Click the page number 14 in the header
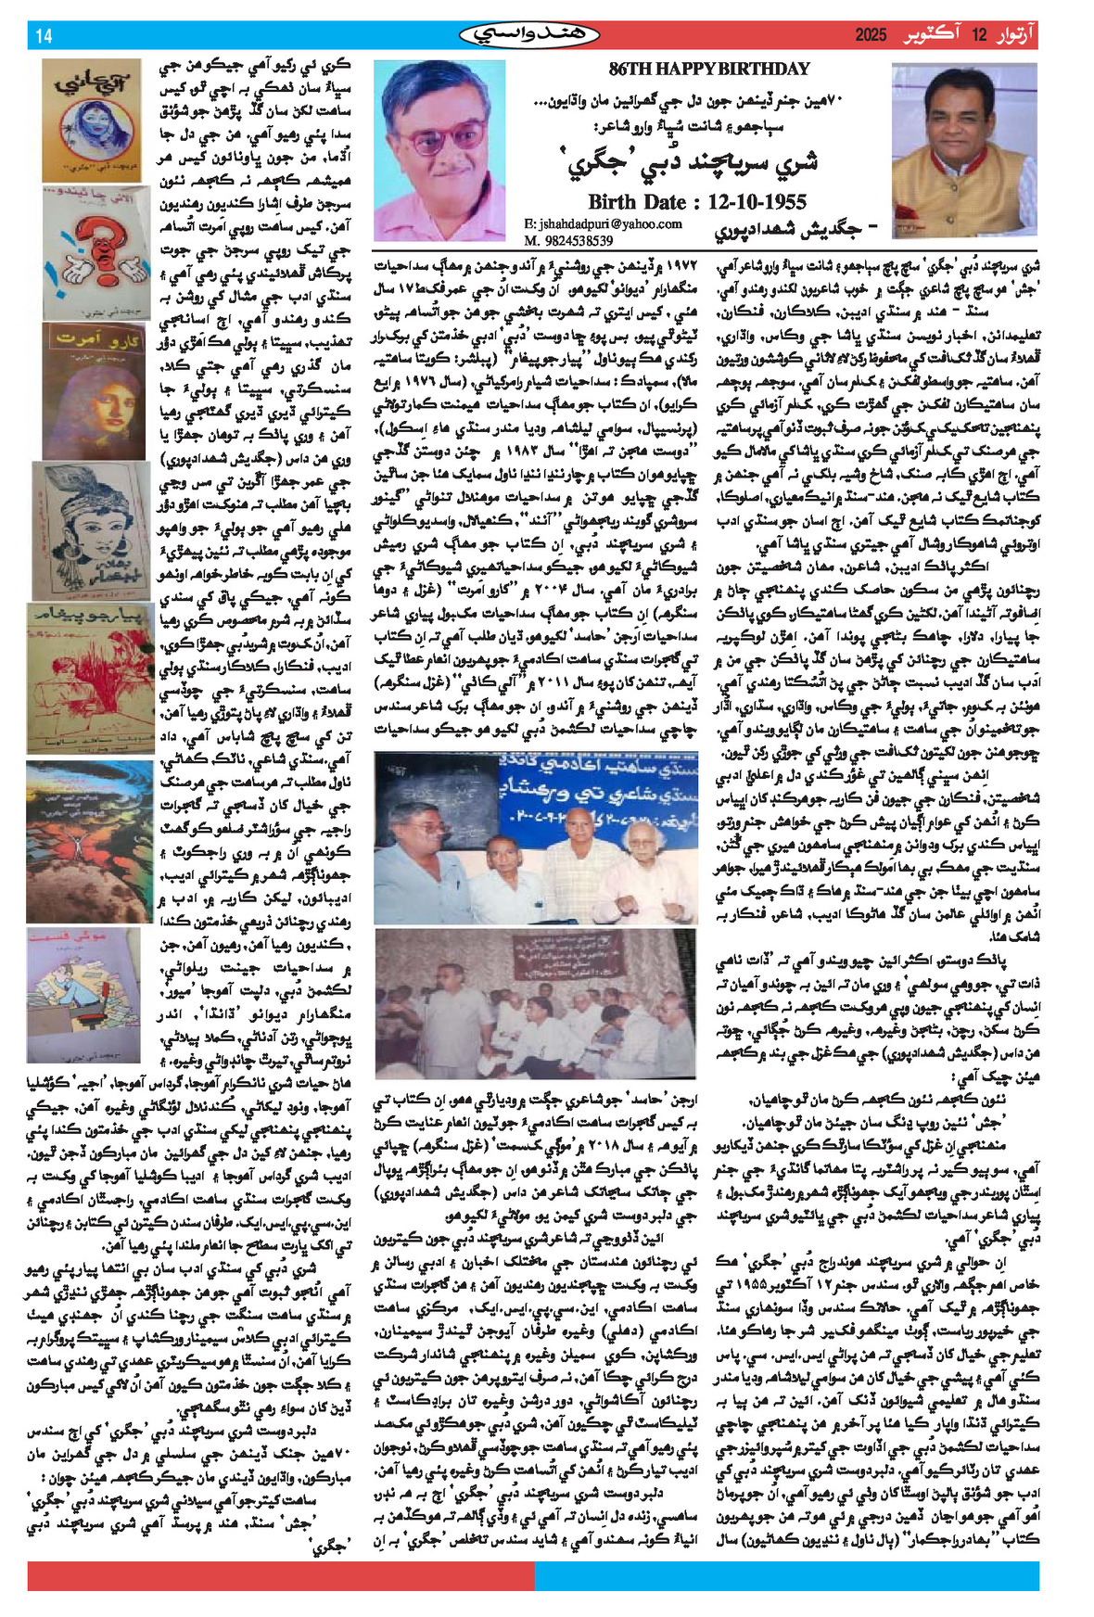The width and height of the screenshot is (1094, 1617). [44, 36]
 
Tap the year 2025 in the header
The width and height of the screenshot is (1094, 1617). [871, 36]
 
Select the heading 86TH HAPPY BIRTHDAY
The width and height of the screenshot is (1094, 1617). [709, 69]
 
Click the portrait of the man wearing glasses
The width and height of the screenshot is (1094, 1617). [440, 150]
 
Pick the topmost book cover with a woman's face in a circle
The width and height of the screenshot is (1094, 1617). [92, 120]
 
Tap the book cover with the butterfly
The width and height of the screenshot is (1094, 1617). [89, 841]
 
